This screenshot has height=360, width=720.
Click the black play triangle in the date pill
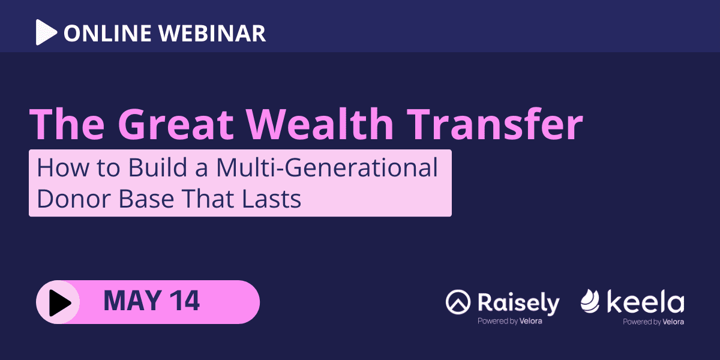[x=59, y=302]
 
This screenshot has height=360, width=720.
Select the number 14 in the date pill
[x=185, y=302]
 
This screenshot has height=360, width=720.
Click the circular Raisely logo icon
[x=458, y=303]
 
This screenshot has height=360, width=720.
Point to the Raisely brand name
[x=518, y=303]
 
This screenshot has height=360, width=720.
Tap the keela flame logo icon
[x=590, y=302]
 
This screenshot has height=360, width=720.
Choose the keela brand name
[x=646, y=302]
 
